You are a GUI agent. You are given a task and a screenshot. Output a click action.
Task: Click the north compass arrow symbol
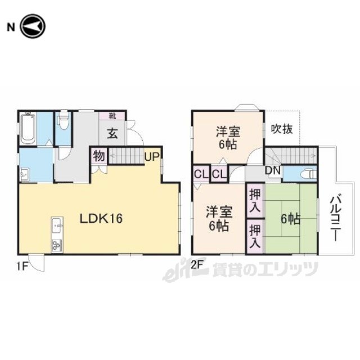pyautogui.click(x=33, y=26)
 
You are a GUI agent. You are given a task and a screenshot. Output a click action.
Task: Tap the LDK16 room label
pyautogui.click(x=101, y=218)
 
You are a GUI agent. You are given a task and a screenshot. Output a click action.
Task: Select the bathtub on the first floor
pyautogui.click(x=28, y=129)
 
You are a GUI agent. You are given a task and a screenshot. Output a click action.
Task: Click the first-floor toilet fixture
pyautogui.click(x=63, y=120)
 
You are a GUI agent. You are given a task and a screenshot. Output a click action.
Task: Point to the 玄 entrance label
pyautogui.click(x=112, y=133)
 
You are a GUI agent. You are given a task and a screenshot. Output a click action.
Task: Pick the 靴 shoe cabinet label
pyautogui.click(x=112, y=116)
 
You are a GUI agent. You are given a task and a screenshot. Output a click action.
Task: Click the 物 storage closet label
pyautogui.click(x=99, y=156)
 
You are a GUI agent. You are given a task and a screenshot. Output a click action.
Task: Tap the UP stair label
pyautogui.click(x=152, y=157)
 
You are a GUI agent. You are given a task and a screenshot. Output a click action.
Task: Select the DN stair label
pyautogui.click(x=273, y=170)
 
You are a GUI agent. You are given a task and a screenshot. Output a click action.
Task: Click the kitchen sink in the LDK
pyautogui.click(x=57, y=226)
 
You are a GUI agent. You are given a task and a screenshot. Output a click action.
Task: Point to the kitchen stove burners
pyautogui.click(x=57, y=245)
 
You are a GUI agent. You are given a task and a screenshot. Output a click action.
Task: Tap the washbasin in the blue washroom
pyautogui.click(x=25, y=174)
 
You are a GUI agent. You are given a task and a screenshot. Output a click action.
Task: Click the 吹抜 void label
pyautogui.click(x=282, y=129)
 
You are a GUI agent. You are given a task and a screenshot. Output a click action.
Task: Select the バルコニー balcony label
pyautogui.click(x=335, y=218)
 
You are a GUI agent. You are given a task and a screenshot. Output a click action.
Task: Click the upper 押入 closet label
pyautogui.click(x=255, y=201)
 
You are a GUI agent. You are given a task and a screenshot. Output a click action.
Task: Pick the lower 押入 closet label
pyautogui.click(x=255, y=236)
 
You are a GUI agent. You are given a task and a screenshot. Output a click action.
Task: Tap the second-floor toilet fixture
pyautogui.click(x=309, y=174)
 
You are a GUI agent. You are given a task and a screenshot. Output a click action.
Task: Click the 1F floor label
pyautogui.click(x=22, y=266)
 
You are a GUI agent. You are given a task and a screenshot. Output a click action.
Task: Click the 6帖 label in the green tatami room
pyautogui.click(x=290, y=219)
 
